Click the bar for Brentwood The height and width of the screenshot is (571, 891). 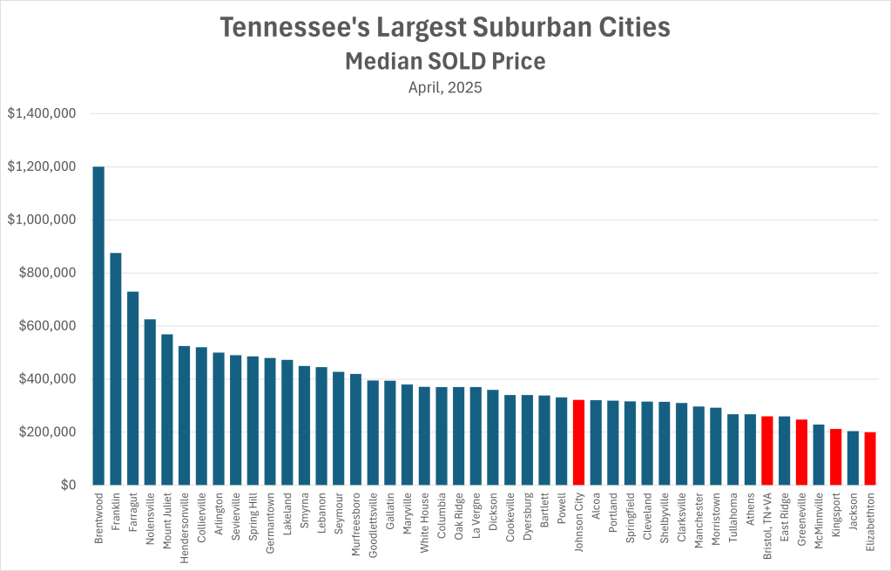tap(98, 326)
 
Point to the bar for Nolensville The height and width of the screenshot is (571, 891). tap(150, 402)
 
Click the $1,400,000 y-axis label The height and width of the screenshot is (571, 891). tap(42, 113)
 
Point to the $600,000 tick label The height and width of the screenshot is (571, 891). tap(49, 326)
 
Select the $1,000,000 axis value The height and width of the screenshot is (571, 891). tap(42, 220)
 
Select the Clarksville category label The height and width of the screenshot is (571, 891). tap(681, 520)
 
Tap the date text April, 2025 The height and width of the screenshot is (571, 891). tap(445, 87)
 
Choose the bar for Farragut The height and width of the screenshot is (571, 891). tap(133, 388)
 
